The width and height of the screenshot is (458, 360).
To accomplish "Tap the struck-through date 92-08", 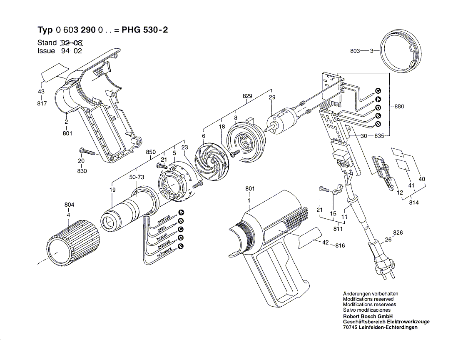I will coord(72,42).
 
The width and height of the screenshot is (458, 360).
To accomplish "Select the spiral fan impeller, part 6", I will coord(212,160).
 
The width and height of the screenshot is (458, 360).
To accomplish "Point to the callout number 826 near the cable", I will coord(398,232).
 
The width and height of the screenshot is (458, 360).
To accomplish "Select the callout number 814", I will coord(414,202).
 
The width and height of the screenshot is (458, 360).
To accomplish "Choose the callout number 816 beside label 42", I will coord(340,246).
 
